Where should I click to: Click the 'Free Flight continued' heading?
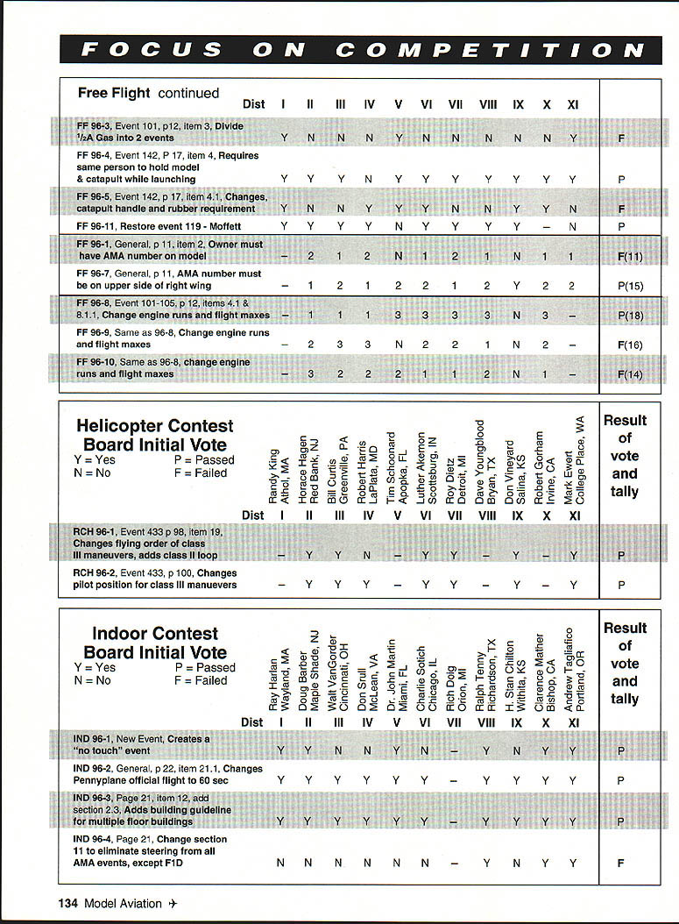(148, 93)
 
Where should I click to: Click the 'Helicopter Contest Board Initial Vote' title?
(155, 436)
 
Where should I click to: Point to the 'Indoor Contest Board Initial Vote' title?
(155, 643)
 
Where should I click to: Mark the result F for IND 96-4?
(621, 863)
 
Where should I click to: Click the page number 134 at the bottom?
(69, 904)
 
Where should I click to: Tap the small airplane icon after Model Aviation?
(173, 904)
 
